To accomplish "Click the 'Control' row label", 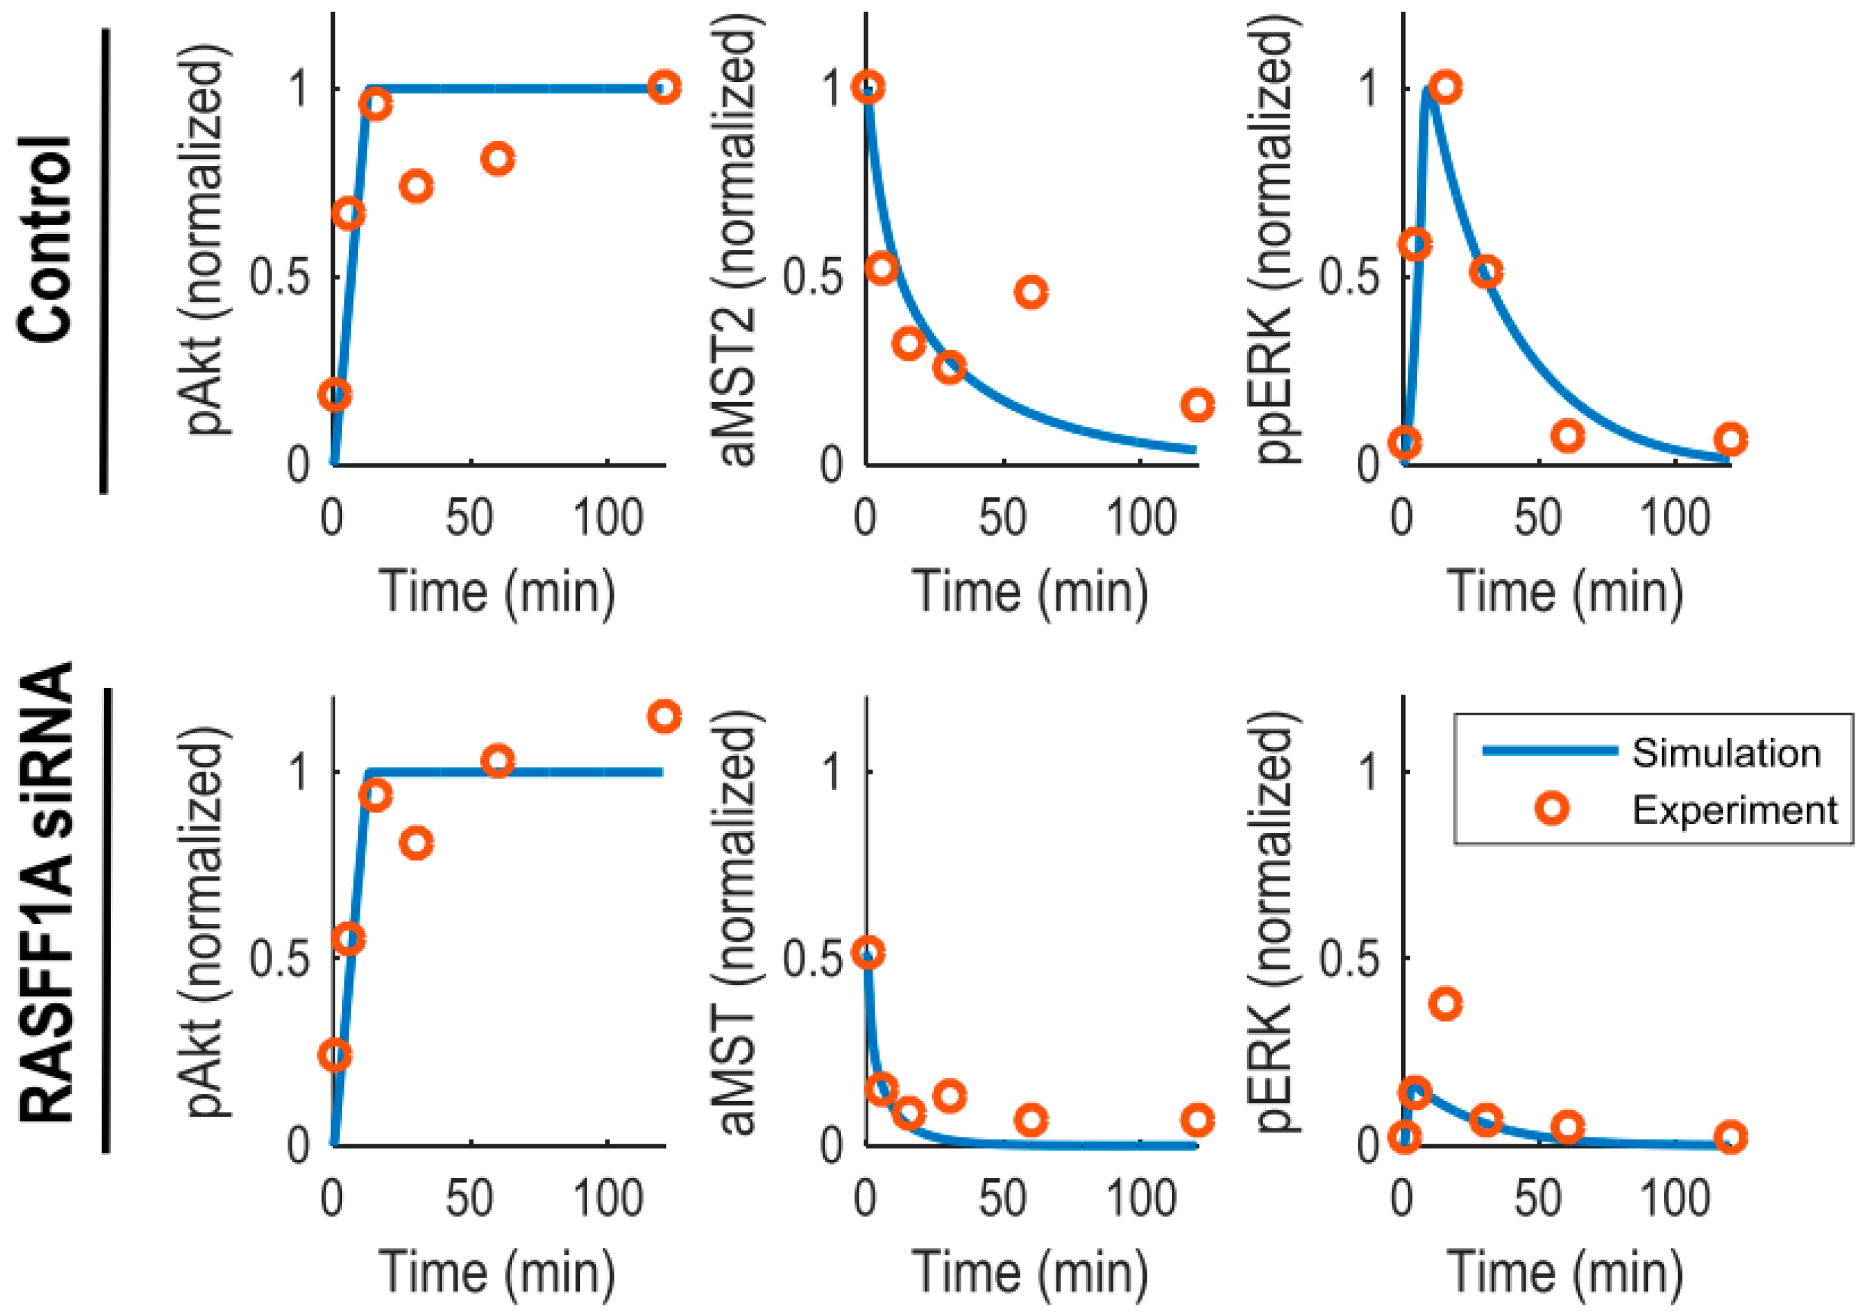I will tap(45, 240).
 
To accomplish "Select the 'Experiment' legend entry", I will tap(1734, 810).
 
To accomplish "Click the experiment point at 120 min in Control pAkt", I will tap(664, 87).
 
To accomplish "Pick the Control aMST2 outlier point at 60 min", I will tap(1031, 292).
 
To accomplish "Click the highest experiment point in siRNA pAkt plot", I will tap(664, 716).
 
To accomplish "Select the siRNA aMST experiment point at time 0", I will tap(868, 953).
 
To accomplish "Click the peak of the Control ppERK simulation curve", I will tap(1427, 90).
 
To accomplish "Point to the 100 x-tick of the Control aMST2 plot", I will tap(1141, 518).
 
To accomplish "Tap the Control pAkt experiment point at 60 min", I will tap(498, 158).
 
